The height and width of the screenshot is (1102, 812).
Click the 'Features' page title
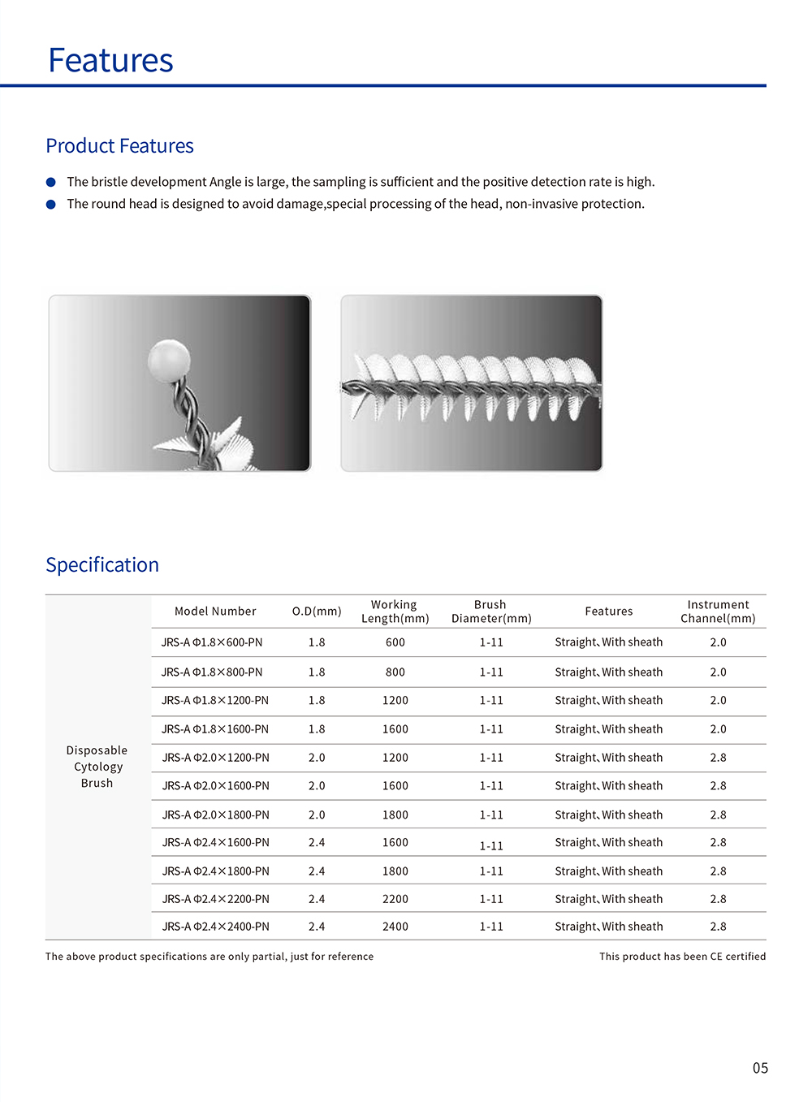point(110,61)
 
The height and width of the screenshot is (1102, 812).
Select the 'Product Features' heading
point(119,146)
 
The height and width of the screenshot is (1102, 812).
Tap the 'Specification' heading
point(102,565)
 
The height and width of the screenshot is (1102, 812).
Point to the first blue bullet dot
point(51,182)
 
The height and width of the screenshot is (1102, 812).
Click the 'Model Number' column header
point(215,612)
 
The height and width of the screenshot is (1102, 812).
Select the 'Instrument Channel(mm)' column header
point(718,612)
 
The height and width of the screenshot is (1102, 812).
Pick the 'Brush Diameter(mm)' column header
point(491,612)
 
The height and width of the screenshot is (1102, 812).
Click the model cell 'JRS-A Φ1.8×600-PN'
point(212,642)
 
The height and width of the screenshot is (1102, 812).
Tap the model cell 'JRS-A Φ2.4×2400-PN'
point(215,927)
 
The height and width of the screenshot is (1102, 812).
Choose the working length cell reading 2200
point(395,899)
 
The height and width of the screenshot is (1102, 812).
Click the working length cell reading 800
point(395,672)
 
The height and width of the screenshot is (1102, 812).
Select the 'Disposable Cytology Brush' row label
point(97,767)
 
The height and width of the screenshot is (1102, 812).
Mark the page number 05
point(760,1068)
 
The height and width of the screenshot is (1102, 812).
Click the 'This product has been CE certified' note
point(682,957)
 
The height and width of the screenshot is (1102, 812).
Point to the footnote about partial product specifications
point(209,957)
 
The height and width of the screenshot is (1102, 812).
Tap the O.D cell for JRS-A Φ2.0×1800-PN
point(317,815)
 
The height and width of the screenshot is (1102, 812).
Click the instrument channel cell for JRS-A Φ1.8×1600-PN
point(718,729)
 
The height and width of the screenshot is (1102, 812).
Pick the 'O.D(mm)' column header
point(317,612)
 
